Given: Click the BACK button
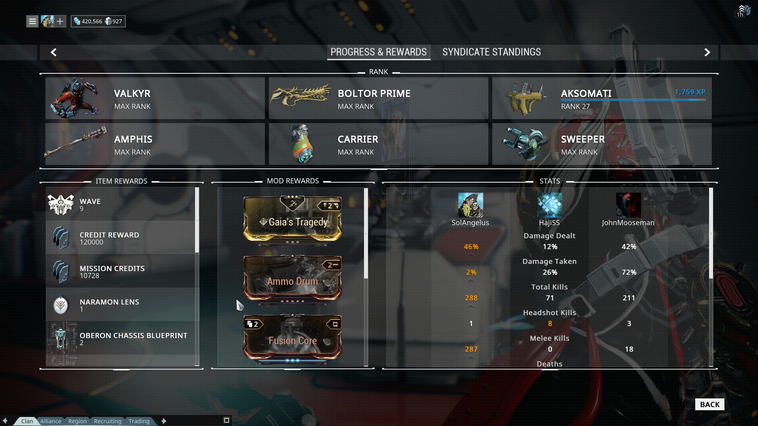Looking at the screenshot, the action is click(x=709, y=404).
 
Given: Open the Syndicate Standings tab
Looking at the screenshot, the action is click(x=492, y=52).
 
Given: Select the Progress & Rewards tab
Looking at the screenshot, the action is click(x=378, y=52).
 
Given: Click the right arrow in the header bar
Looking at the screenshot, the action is click(x=707, y=52).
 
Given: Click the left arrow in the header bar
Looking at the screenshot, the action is click(x=54, y=52).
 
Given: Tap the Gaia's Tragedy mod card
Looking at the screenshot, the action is click(x=293, y=220).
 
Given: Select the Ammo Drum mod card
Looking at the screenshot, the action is click(x=293, y=279).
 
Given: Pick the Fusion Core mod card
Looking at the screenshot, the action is click(x=293, y=338).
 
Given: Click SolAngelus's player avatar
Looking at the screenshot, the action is click(x=470, y=205).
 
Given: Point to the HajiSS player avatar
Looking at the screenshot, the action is click(x=549, y=205).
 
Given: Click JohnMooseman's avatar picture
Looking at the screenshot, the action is click(x=628, y=205).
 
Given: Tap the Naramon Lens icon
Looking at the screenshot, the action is click(x=61, y=305).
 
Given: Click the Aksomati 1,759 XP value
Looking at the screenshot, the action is click(x=690, y=92).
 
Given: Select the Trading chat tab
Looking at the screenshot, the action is click(x=139, y=421).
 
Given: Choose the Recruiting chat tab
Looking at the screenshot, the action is click(x=107, y=421).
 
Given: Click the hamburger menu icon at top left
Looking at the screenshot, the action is click(x=32, y=21).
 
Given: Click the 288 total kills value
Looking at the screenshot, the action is click(x=471, y=298).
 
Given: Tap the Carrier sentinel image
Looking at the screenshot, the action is click(x=302, y=144).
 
